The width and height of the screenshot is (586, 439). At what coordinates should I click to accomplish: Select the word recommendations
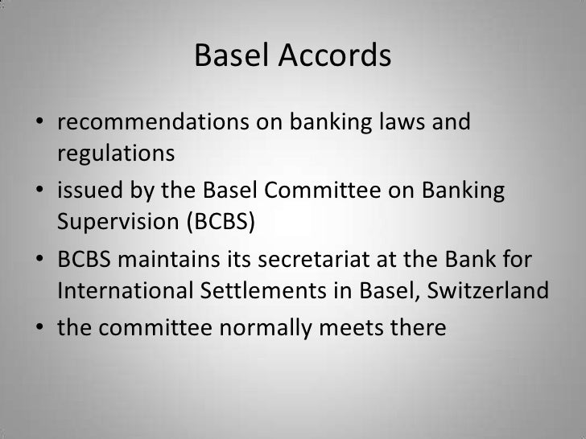click(x=151, y=125)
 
